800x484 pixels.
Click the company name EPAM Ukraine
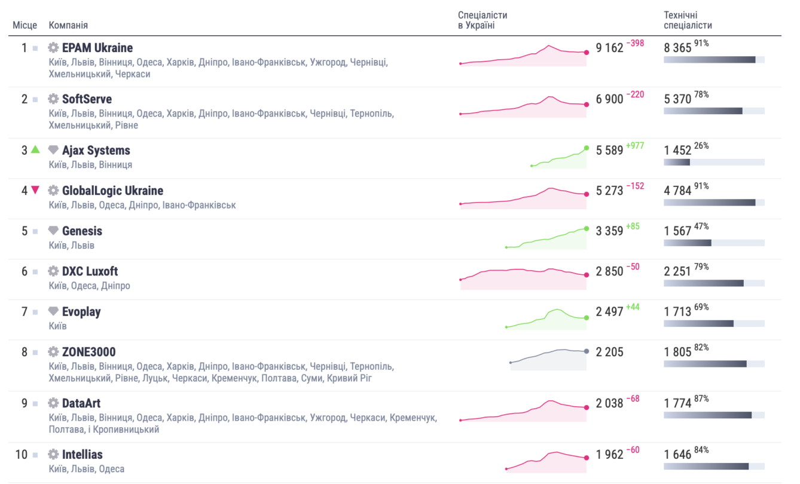click(x=97, y=48)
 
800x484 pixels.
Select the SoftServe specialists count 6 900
click(x=609, y=99)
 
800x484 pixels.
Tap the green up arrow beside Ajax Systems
click(x=35, y=149)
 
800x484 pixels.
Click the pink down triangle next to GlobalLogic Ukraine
click(x=35, y=189)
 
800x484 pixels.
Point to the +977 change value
click(x=635, y=146)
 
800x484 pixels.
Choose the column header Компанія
click(x=68, y=25)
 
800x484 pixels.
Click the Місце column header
click(x=25, y=25)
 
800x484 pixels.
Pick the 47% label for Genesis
click(x=701, y=226)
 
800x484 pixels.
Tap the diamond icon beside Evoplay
click(x=53, y=311)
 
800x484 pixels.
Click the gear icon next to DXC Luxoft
click(x=53, y=271)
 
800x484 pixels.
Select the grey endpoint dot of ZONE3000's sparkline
click(x=587, y=351)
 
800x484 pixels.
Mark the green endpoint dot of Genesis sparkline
click(x=587, y=228)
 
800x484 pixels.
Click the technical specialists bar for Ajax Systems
click(x=714, y=163)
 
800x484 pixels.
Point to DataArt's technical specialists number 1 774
click(x=677, y=403)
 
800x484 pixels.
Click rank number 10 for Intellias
click(x=21, y=454)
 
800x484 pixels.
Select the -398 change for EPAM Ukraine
click(x=635, y=43)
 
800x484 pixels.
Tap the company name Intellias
click(x=82, y=454)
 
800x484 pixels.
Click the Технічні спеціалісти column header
click(x=688, y=20)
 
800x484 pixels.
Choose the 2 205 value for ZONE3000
click(x=609, y=352)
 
